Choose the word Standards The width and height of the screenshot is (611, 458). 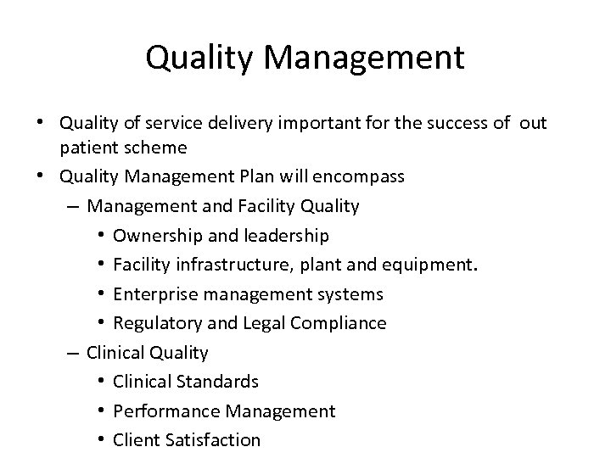(220, 382)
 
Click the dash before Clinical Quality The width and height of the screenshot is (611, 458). (74, 352)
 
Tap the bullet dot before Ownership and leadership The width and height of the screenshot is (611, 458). (101, 235)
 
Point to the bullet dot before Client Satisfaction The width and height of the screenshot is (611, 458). (101, 439)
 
